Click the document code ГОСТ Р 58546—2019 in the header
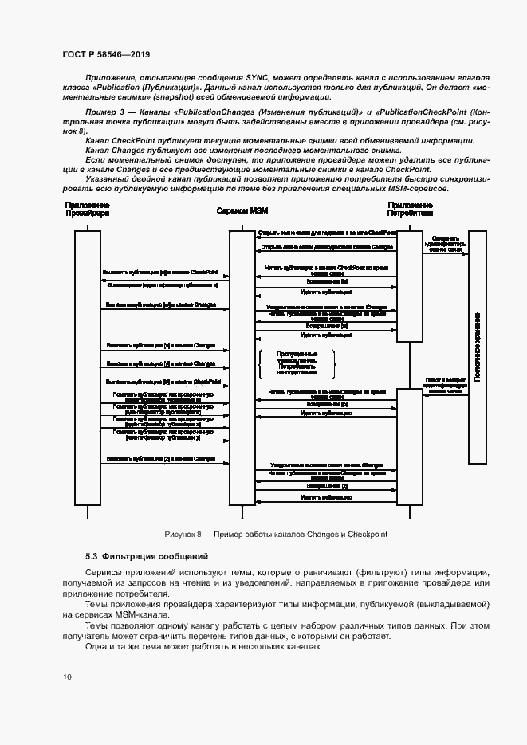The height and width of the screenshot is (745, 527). [x=106, y=54]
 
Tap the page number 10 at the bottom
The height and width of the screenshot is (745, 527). [x=67, y=676]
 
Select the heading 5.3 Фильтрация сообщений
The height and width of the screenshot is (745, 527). [x=147, y=555]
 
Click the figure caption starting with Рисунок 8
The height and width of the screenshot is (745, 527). [x=275, y=535]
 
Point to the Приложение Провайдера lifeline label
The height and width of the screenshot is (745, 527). [x=87, y=210]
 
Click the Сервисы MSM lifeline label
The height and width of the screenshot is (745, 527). [x=242, y=210]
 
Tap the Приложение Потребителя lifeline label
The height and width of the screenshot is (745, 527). [x=410, y=210]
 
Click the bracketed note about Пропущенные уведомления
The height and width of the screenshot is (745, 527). [x=297, y=363]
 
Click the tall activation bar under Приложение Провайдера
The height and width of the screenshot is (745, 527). [x=87, y=367]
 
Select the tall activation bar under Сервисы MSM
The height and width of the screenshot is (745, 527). [x=242, y=367]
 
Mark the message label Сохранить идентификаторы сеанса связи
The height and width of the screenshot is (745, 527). [x=444, y=244]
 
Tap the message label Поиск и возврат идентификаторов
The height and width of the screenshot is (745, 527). [x=444, y=386]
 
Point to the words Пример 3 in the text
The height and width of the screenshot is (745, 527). [x=102, y=111]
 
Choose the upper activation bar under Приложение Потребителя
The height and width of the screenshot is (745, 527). [x=409, y=285]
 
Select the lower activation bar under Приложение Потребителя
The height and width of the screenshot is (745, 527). [x=409, y=446]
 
